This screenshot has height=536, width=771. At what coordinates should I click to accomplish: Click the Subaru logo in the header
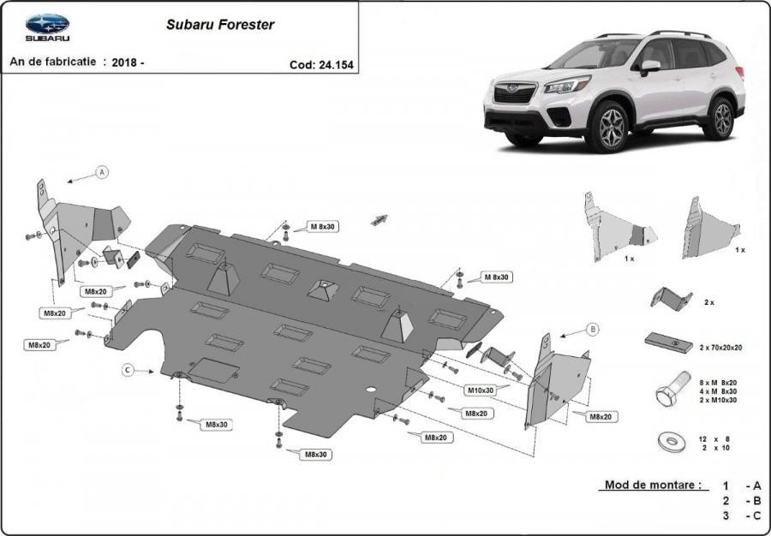47,26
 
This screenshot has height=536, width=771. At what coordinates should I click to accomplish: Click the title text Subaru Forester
220,25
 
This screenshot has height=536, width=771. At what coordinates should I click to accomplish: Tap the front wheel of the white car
609,127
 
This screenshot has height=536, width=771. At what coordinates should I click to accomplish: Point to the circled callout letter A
103,172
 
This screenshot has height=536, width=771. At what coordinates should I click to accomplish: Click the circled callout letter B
592,329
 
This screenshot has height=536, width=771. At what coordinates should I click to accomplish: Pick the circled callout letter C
127,370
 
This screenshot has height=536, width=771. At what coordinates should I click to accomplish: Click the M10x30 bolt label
480,390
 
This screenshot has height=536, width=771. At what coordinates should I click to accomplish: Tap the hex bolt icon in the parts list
670,391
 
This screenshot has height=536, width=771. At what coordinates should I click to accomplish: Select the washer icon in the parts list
671,442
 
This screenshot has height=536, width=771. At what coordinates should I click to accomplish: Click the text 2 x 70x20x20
720,348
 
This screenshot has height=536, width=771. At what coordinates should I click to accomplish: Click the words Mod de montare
652,485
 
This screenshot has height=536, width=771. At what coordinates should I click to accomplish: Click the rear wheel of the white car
720,119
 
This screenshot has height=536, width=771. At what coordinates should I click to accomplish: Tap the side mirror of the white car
650,66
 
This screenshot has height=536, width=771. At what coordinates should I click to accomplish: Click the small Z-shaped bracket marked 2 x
670,299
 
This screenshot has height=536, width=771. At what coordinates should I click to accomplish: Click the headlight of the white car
568,85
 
